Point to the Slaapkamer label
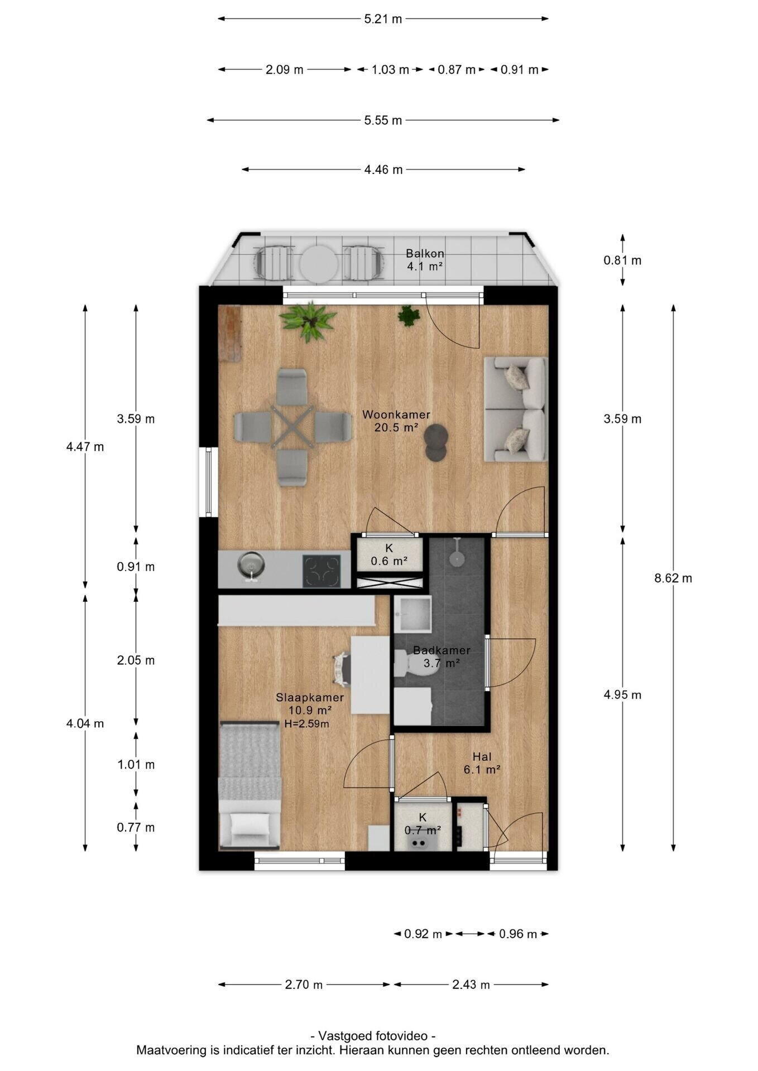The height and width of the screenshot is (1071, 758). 310,698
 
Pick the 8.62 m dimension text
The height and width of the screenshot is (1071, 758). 673,578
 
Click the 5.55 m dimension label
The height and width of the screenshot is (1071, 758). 383,120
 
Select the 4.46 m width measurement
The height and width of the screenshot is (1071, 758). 383,170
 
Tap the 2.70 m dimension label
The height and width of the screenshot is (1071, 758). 304,985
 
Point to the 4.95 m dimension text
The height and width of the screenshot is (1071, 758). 622,694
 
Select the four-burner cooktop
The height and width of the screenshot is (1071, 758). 322,571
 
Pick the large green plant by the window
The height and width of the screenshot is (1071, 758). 308,321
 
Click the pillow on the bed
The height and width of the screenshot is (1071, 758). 250,824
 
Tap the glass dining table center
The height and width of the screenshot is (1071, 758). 292,427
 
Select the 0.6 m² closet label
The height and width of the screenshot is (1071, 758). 389,555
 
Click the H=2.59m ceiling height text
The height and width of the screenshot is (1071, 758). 306,724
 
